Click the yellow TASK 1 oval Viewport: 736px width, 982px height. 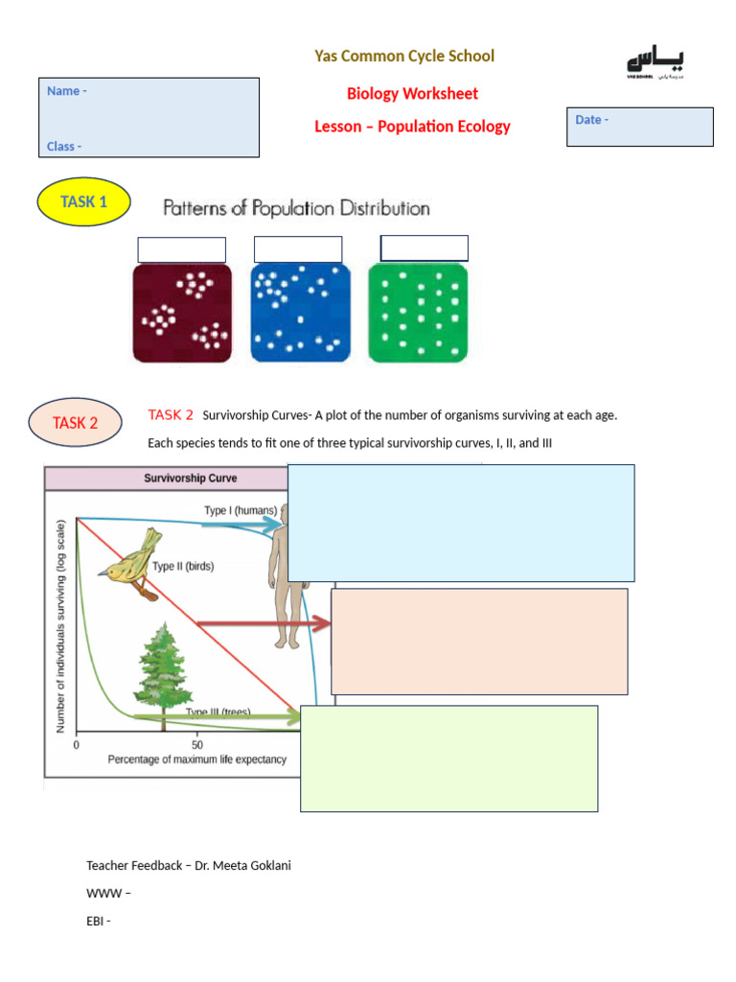click(83, 201)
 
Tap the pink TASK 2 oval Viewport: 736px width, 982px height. click(75, 423)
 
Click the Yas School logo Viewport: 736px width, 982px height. click(656, 64)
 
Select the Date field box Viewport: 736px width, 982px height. click(639, 127)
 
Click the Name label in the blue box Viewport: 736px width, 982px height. click(66, 91)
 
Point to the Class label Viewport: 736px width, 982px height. click(63, 147)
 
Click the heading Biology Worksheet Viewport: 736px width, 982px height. click(412, 94)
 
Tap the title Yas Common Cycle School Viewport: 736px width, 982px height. click(404, 56)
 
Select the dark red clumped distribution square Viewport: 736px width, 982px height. click(182, 313)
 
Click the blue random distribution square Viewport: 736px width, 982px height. click(300, 313)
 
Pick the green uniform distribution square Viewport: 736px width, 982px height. click(417, 313)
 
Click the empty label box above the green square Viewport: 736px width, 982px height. click(424, 247)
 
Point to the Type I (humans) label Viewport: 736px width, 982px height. click(240, 510)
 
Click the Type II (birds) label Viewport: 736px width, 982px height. click(183, 566)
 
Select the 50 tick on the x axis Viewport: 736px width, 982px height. click(197, 744)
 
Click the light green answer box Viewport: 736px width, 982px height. click(448, 759)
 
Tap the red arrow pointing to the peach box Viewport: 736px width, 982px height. click(264, 624)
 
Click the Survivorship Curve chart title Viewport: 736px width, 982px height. click(190, 478)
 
